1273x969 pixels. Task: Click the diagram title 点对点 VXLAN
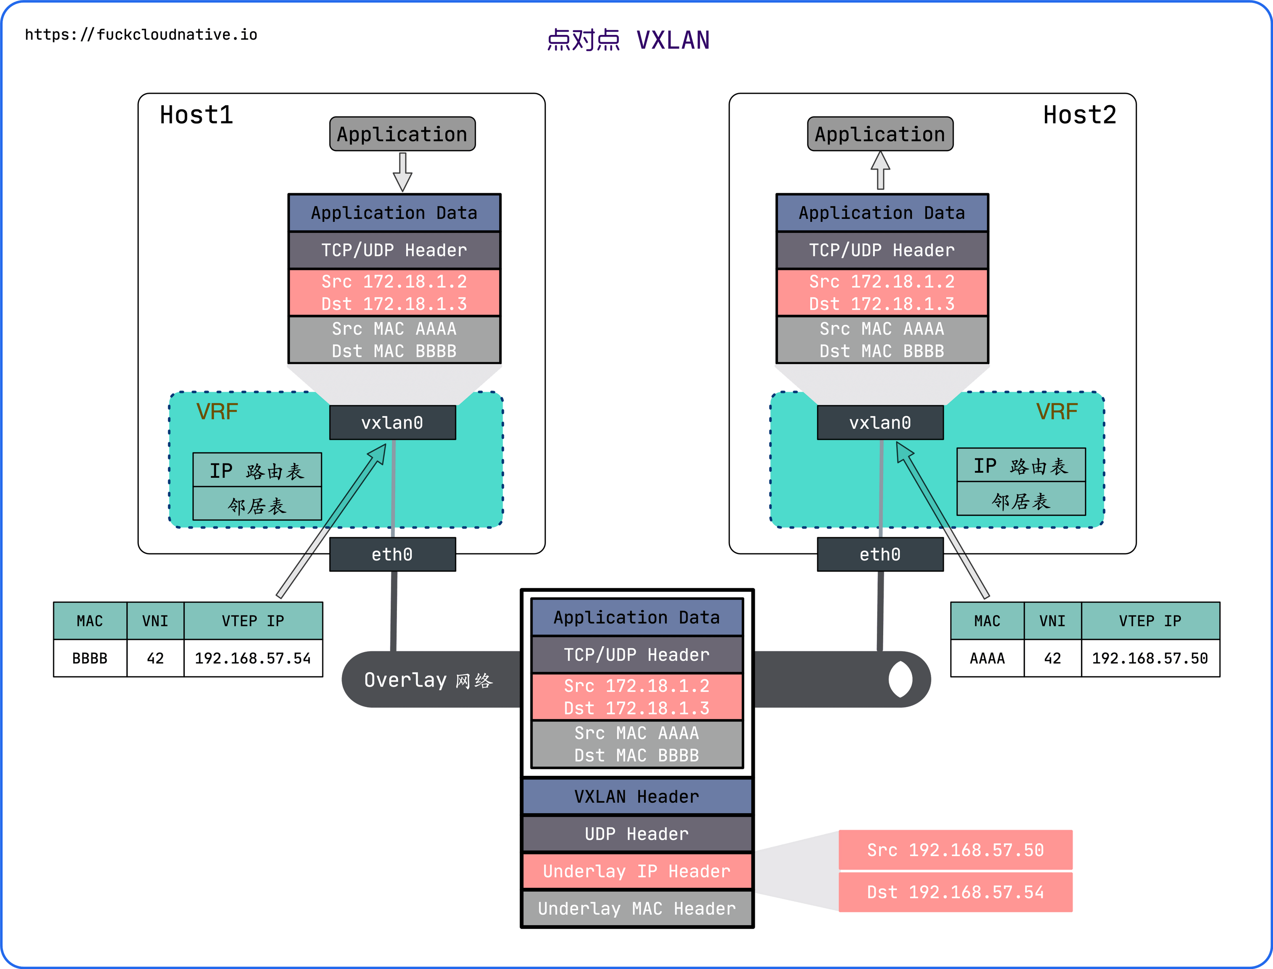[628, 40]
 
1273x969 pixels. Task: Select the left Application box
[402, 134]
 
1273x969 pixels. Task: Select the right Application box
[880, 134]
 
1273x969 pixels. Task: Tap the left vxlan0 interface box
[392, 423]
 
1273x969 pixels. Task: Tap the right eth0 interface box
[880, 554]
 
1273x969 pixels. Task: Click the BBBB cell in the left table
[90, 658]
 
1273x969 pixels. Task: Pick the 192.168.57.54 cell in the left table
[253, 658]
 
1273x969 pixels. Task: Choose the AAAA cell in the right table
[987, 658]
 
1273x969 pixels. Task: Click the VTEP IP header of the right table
[1150, 621]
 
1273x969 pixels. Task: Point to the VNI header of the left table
[155, 621]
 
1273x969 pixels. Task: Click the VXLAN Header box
[637, 796]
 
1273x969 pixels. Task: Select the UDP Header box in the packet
[637, 834]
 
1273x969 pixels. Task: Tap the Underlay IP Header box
[637, 871]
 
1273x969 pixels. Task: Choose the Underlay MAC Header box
[637, 908]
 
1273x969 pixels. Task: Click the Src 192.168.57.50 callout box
[955, 849]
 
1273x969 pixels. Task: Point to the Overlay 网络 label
[429, 680]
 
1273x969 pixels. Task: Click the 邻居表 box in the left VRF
[257, 505]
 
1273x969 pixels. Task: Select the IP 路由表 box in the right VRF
[1020, 466]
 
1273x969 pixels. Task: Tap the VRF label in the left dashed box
[217, 412]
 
